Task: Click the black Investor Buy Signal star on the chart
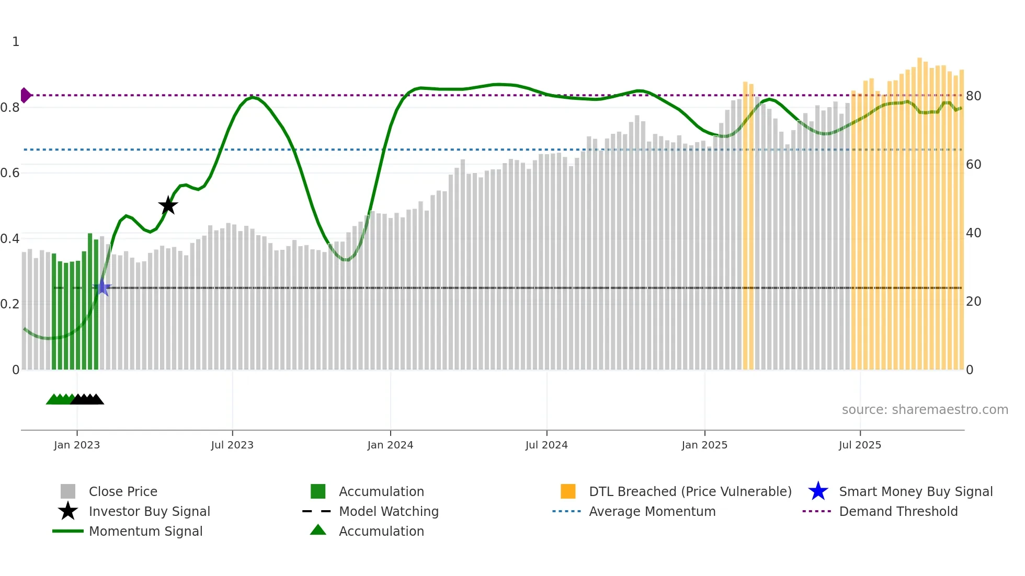coord(168,205)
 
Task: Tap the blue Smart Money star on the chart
coord(102,287)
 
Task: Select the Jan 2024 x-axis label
coord(390,445)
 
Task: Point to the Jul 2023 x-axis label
coord(232,445)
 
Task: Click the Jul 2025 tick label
coord(860,445)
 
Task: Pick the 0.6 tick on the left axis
coord(10,173)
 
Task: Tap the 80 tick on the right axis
coord(973,96)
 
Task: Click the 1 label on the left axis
coord(16,42)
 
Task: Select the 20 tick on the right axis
coord(973,302)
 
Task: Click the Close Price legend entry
coord(123,491)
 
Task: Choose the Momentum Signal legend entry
coord(145,531)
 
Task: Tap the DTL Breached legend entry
coord(690,491)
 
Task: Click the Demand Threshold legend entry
coord(898,511)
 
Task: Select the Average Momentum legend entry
coord(652,511)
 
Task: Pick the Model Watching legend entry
coord(389,511)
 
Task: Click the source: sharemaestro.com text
coord(925,410)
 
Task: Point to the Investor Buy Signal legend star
coord(68,511)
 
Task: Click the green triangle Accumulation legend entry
coord(381,531)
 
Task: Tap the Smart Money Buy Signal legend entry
coord(915,491)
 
